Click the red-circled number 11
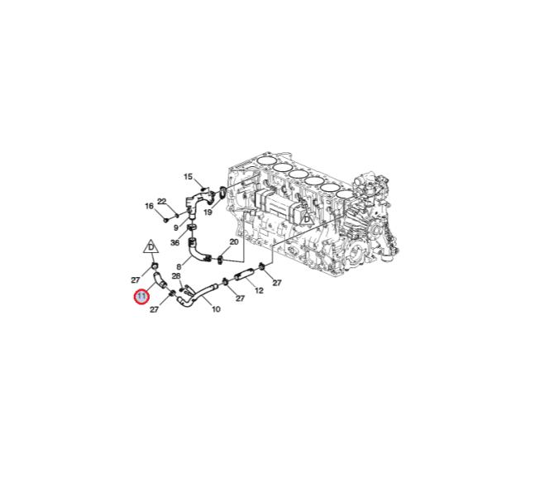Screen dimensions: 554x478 tap(141, 297)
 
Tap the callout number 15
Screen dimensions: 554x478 tap(189, 177)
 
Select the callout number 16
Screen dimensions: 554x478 tap(150, 206)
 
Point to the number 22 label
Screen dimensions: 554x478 tap(161, 202)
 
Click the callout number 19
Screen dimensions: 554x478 tap(208, 213)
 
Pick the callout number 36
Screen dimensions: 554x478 tap(175, 242)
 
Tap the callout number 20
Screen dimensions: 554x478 tap(234, 242)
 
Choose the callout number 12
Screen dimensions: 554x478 tap(259, 290)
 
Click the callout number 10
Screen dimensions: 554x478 tap(217, 309)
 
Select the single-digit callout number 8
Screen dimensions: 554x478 tap(179, 266)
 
